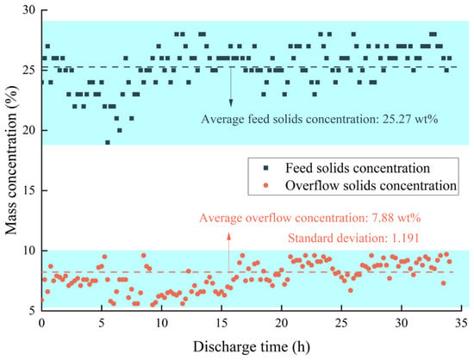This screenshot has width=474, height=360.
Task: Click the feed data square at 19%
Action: (108, 142)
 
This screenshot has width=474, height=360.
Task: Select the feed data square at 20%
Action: (120, 130)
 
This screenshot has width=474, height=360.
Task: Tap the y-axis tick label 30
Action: (29, 10)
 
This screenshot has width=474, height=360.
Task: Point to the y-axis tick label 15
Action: (29, 190)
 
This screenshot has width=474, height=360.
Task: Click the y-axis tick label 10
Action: (29, 251)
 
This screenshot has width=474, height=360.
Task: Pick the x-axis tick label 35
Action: (462, 323)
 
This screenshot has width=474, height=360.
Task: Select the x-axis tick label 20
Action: (282, 323)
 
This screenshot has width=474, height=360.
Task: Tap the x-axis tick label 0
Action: (41, 323)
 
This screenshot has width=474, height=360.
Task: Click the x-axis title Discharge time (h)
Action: (252, 346)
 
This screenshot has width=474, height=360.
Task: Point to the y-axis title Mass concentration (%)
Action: (11, 160)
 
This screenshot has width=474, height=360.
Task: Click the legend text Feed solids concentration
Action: (358, 168)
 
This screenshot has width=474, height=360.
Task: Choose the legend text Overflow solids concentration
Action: (371, 185)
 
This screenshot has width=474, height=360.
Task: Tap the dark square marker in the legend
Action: (266, 168)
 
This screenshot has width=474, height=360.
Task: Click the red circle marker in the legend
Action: (266, 185)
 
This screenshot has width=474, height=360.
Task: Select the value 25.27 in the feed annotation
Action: (397, 119)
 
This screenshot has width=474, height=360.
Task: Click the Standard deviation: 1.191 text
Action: (353, 238)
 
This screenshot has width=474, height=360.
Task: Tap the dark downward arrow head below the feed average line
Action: (231, 102)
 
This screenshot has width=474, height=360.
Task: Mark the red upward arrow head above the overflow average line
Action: (229, 236)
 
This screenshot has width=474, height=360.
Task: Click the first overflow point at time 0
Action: (42, 300)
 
